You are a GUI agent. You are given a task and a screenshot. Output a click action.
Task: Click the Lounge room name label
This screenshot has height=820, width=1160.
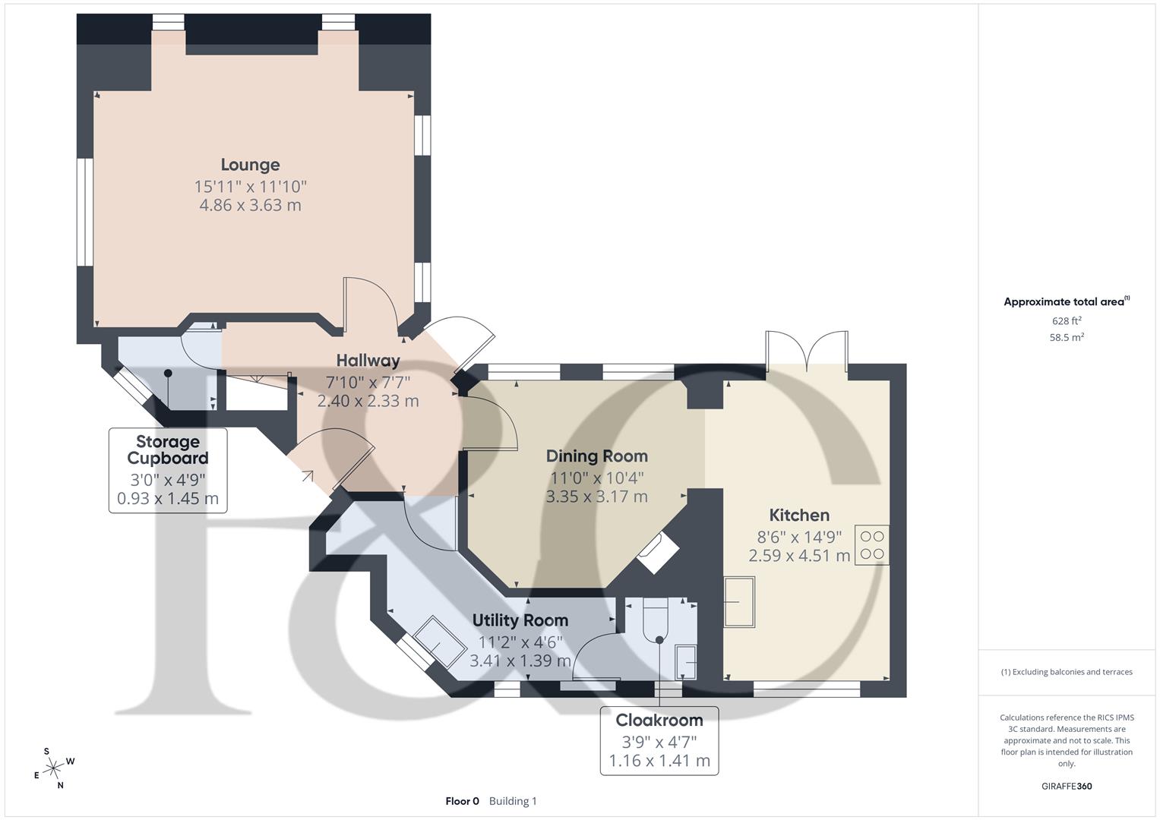(x=250, y=165)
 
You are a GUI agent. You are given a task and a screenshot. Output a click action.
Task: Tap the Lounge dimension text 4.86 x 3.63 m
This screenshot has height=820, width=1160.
(x=250, y=205)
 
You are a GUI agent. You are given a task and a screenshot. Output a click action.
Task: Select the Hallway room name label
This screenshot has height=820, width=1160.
(x=368, y=361)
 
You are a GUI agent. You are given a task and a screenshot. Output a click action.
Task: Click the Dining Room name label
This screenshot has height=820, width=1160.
(x=596, y=456)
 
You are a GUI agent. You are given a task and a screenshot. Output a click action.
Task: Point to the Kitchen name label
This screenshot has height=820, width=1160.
(x=799, y=515)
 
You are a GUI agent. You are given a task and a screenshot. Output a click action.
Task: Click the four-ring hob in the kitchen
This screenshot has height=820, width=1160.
(x=871, y=545)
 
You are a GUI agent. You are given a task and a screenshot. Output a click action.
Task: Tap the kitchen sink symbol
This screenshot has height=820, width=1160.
(x=739, y=601)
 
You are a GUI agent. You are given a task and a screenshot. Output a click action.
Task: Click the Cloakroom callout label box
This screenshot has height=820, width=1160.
(x=659, y=740)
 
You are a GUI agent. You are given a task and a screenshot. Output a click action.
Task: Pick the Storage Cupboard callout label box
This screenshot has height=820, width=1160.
(x=168, y=470)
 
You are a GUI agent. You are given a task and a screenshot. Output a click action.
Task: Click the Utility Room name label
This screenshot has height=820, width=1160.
(x=520, y=620)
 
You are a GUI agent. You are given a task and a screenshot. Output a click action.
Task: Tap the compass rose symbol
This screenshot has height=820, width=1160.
(x=53, y=768)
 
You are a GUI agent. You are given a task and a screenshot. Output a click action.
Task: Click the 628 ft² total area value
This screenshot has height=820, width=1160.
(x=1066, y=321)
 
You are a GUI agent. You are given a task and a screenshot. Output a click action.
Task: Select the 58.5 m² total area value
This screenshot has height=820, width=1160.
(x=1066, y=338)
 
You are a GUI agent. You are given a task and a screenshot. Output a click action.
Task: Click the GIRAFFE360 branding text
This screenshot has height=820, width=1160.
(x=1066, y=786)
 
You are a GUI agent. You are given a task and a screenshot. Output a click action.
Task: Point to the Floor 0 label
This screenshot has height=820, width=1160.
(x=462, y=801)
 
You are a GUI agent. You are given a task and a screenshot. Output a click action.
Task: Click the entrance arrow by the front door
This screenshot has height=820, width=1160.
(x=308, y=476)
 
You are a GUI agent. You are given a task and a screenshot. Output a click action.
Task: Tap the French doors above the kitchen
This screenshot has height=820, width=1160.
(x=807, y=349)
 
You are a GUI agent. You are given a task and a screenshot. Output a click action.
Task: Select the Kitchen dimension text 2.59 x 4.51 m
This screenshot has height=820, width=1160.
(x=799, y=556)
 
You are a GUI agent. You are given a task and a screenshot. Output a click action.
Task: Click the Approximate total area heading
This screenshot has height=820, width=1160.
(x=1066, y=302)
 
